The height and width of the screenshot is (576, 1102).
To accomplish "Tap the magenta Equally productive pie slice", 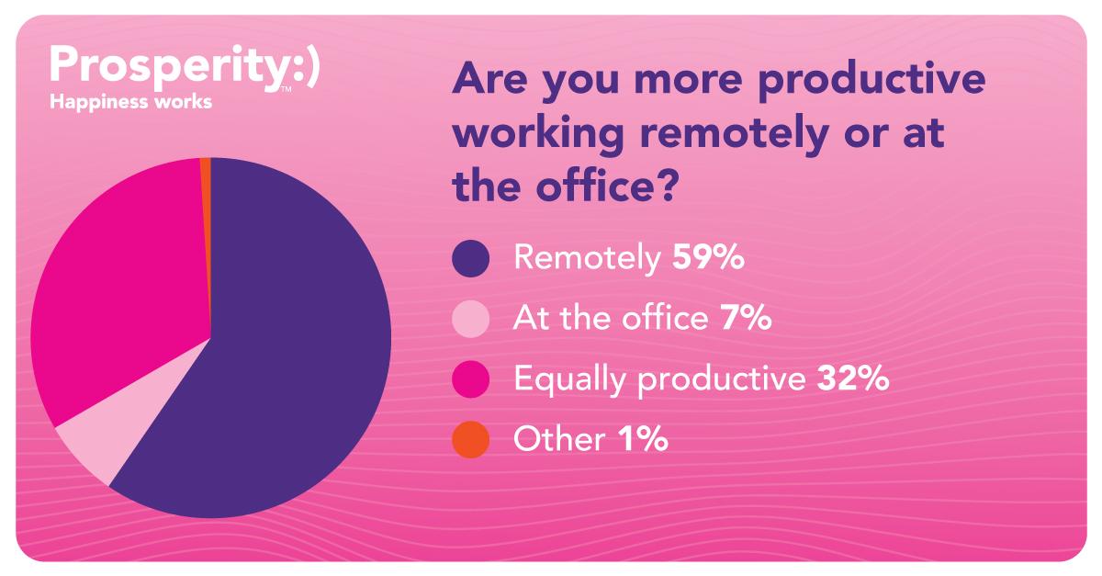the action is [118, 286].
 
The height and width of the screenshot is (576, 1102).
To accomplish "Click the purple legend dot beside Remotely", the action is [471, 258].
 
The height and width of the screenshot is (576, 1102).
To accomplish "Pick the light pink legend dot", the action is [471, 319].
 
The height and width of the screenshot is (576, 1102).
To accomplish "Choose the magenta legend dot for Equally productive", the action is [471, 379].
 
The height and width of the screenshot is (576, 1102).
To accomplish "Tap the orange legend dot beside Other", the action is [471, 440].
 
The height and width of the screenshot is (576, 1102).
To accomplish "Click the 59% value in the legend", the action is [708, 256].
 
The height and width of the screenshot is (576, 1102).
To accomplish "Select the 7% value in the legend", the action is [746, 318].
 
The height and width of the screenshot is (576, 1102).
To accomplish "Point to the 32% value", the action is [853, 378].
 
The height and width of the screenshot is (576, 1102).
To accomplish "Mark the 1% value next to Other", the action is [643, 438].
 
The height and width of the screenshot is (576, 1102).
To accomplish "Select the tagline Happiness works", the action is [130, 102].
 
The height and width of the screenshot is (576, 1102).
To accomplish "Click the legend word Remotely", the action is [588, 257].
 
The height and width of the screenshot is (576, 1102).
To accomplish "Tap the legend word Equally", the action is [569, 380].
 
